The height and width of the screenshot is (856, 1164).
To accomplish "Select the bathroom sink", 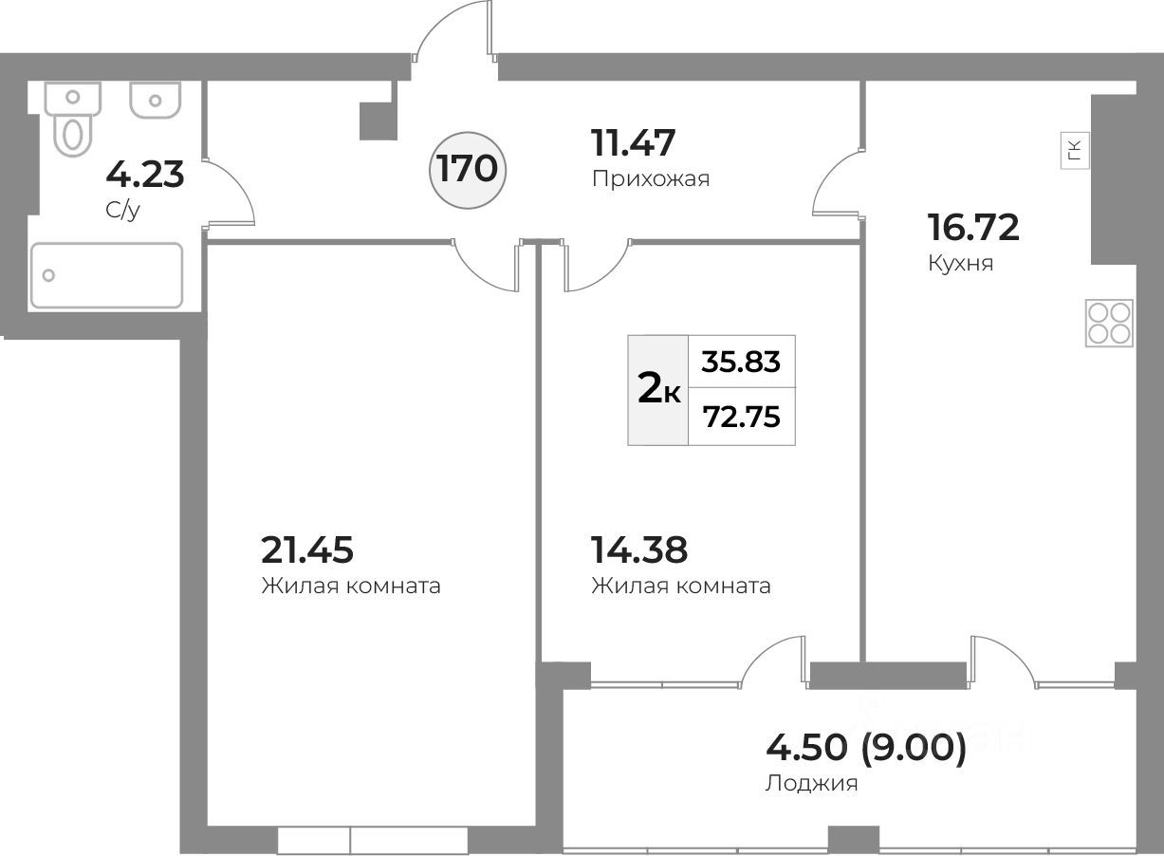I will (155, 100).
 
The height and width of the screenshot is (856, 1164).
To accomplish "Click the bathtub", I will (106, 275).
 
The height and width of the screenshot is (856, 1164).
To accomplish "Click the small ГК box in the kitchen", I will (1074, 152).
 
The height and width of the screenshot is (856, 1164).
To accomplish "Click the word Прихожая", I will (650, 178).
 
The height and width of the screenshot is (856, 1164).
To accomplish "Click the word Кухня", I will (960, 263).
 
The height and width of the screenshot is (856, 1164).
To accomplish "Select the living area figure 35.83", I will (741, 362).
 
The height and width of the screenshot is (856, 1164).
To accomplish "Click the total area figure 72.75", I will (741, 416).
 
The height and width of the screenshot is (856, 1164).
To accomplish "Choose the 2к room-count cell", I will (658, 390).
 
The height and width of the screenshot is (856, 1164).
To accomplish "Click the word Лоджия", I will (810, 784).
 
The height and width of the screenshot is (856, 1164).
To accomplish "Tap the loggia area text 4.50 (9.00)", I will (865, 748).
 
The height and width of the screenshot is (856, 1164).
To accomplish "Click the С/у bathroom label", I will (122, 210).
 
